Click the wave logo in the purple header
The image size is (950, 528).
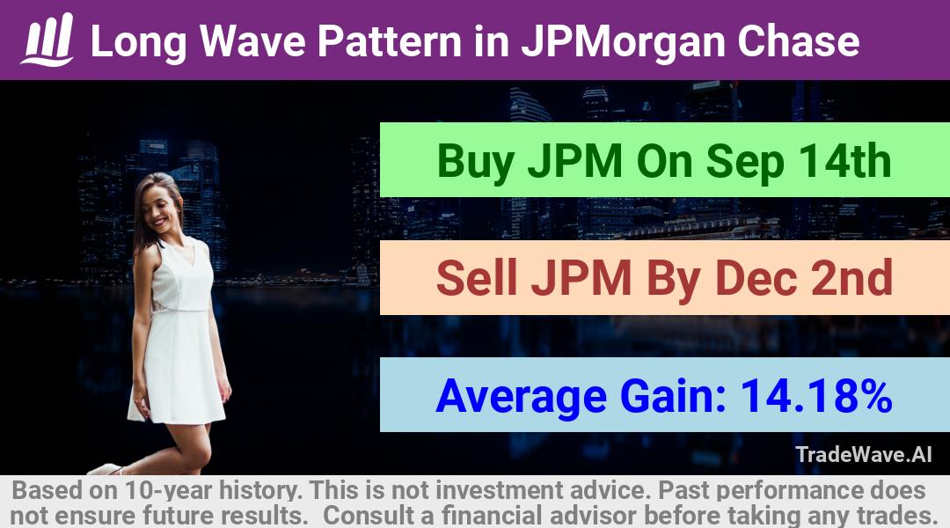pyautogui.click(x=47, y=40)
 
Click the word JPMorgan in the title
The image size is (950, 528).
pyautogui.click(x=623, y=41)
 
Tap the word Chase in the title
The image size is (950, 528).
pyautogui.click(x=799, y=41)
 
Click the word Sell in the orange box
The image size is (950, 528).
pyautogui.click(x=477, y=277)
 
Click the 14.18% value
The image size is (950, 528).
pyautogui.click(x=816, y=395)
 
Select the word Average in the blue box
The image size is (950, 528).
pyautogui.click(x=521, y=397)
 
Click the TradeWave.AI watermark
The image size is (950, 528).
pyautogui.click(x=864, y=455)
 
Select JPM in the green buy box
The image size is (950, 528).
pyautogui.click(x=575, y=161)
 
